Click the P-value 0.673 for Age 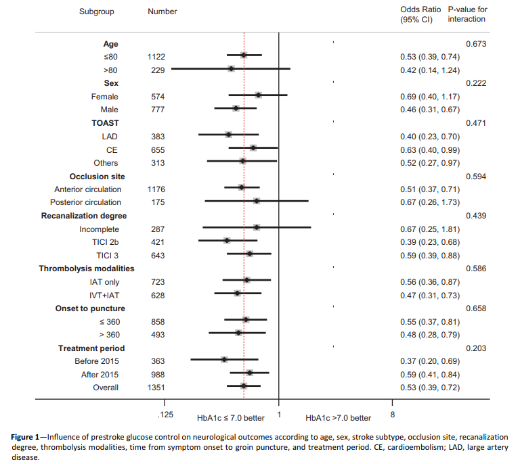tap(477, 43)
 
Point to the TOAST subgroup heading tap(105, 123)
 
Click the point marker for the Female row tap(258, 96)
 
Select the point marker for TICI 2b tap(227, 241)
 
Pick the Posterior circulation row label tap(86, 202)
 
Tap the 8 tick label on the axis tap(393, 413)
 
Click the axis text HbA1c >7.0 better tap(338, 418)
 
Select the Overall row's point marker tap(244, 386)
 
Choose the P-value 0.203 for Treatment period tap(477, 348)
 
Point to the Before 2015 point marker tap(224, 360)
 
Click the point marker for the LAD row tap(228, 135)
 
